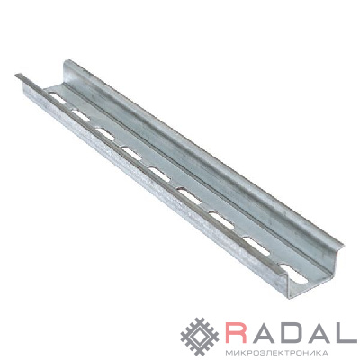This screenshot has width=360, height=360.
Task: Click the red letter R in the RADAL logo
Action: point(237,332)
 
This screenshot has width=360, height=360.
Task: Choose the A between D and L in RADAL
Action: point(318,332)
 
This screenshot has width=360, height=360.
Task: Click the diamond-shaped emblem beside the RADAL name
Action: point(200,337)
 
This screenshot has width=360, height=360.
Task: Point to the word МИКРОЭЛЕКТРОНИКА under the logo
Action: point(275,352)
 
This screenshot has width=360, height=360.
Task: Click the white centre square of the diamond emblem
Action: point(200,337)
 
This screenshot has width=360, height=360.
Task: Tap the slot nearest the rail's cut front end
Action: point(293,273)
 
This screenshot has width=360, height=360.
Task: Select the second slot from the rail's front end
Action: point(256,247)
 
